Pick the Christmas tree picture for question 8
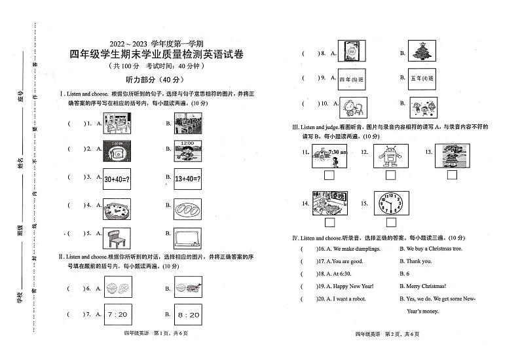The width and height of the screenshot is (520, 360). coord(426,52)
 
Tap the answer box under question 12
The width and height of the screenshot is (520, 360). coord(391,175)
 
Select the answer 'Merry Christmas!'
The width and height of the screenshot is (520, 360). coord(426,286)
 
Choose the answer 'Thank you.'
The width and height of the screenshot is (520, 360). coord(418,261)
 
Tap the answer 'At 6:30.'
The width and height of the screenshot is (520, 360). coord(343,274)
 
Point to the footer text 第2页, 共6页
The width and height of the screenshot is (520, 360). coord(401,334)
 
